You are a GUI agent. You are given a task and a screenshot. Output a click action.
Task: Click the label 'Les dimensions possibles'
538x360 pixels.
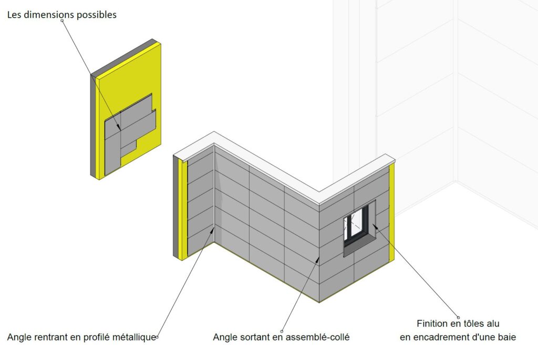pyautogui.click(x=62, y=15)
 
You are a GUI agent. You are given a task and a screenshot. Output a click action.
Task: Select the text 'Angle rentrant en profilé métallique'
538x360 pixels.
pyautogui.click(x=81, y=337)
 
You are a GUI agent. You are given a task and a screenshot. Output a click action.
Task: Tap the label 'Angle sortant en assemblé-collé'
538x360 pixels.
pyautogui.click(x=282, y=337)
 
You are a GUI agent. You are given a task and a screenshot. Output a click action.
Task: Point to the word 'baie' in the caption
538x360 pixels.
pyautogui.click(x=507, y=337)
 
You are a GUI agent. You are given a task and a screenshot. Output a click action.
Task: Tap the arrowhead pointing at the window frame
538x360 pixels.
pyautogui.click(x=375, y=226)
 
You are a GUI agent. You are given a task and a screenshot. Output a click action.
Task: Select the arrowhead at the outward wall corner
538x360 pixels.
pyautogui.click(x=317, y=260)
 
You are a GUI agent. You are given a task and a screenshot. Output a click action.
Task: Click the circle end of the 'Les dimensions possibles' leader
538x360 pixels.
pyautogui.click(x=62, y=20)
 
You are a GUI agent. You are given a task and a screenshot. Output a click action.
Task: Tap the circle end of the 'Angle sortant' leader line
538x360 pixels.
pyautogui.click(x=282, y=332)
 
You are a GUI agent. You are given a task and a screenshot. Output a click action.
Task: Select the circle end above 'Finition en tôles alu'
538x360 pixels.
pyautogui.click(x=458, y=317)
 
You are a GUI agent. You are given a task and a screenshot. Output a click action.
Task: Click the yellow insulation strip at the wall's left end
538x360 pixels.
pyautogui.click(x=184, y=209)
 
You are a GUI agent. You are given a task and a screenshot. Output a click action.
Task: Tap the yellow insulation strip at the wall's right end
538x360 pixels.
pyautogui.click(x=391, y=213)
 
